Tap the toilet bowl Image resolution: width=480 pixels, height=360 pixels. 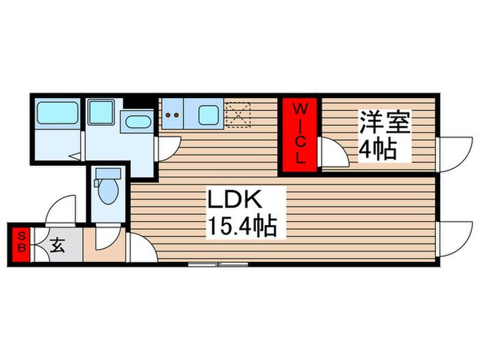tap(108, 192)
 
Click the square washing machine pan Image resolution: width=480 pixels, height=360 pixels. tap(101, 112)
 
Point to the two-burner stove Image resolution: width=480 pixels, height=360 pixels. tap(172, 115)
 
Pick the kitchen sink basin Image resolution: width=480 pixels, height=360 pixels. tap(209, 115)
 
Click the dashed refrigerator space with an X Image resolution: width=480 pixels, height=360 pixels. tap(239, 114)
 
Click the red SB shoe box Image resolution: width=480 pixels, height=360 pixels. tap(21, 243)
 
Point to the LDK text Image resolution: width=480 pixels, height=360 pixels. tap(235, 201)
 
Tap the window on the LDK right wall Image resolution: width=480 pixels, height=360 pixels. tap(450, 241)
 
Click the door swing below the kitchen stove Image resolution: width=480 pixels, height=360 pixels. tap(167, 147)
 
